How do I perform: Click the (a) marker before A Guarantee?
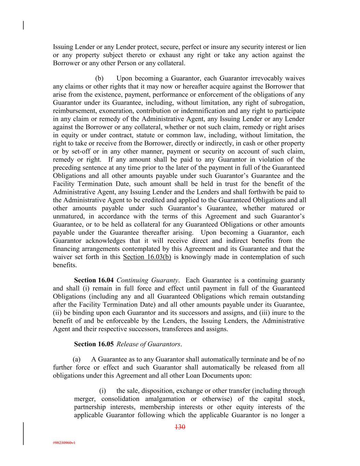click(x=77, y=359)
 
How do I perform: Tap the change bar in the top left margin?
click(x=23, y=25)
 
